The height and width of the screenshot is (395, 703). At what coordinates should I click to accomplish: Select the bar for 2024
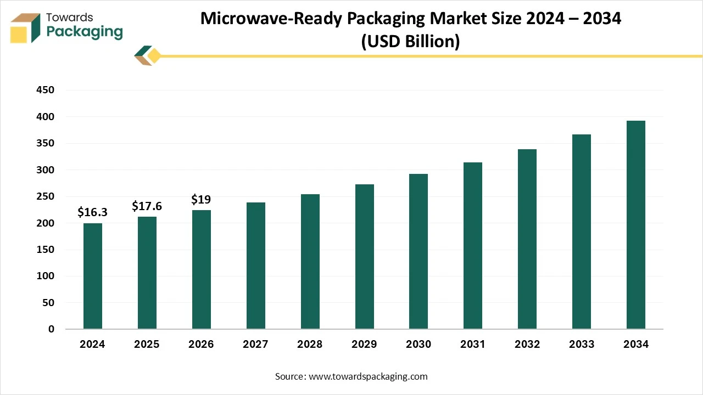(x=93, y=276)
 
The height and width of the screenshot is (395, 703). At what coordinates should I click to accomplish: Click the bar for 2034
(x=636, y=225)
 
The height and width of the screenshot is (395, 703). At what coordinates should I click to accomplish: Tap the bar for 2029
(x=365, y=257)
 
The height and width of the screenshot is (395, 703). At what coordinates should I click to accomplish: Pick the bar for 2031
(x=473, y=246)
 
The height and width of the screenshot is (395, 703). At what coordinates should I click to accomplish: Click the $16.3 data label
(x=93, y=212)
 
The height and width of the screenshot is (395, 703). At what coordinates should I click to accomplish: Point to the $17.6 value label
(x=147, y=206)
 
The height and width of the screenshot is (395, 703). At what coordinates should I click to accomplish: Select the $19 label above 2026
(x=201, y=199)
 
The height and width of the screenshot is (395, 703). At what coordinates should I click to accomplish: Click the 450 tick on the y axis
(x=45, y=90)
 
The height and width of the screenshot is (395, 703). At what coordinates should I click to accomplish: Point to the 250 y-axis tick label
(x=45, y=196)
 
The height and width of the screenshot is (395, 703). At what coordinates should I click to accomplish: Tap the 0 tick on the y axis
(x=51, y=329)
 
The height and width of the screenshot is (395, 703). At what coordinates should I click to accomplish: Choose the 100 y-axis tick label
(x=45, y=276)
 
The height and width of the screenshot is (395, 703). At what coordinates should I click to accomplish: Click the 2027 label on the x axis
(x=255, y=345)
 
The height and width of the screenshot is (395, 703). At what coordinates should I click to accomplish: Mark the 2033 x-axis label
(x=582, y=345)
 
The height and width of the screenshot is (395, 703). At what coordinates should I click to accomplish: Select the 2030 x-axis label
(x=419, y=345)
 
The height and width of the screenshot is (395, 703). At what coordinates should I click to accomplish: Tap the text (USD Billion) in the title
(x=410, y=41)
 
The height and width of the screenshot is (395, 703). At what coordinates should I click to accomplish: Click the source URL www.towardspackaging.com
(x=368, y=376)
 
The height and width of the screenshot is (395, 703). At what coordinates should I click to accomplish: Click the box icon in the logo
(x=26, y=27)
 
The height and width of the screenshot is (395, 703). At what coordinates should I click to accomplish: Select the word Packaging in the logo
(x=85, y=32)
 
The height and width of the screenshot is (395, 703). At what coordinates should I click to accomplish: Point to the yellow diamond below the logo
(x=154, y=56)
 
